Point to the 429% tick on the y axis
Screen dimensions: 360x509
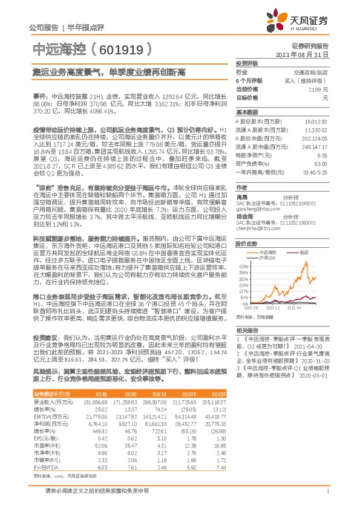click(243, 266)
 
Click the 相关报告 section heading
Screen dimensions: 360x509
click(247, 330)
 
